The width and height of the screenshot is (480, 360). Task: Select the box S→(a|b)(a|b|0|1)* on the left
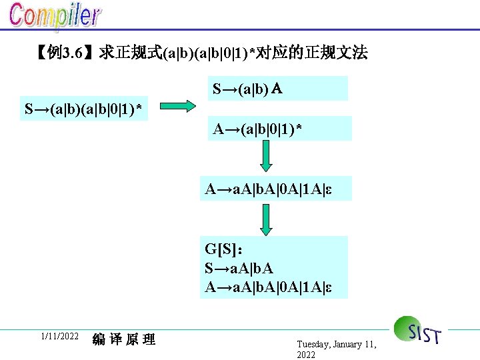point(83,108)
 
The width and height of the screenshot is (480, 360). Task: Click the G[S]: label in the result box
point(223,249)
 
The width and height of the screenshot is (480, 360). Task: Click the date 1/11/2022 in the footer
point(59,337)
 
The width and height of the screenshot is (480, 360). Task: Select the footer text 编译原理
point(124,339)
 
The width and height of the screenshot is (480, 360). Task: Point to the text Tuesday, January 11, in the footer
point(337,344)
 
